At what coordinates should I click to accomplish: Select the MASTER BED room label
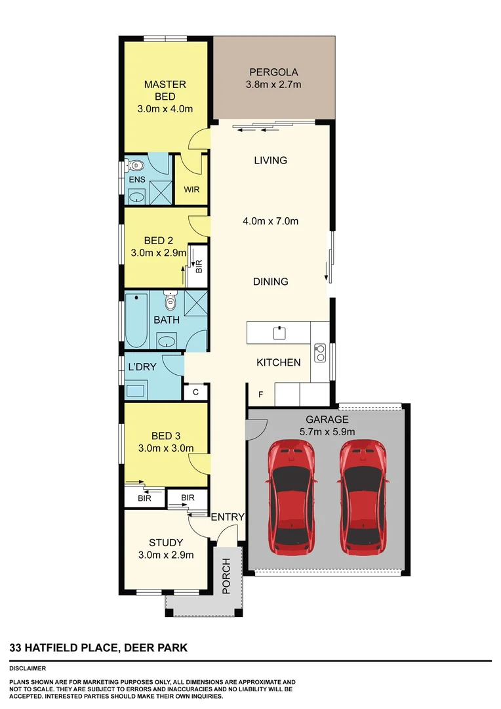point(165,91)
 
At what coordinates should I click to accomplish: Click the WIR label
point(191,190)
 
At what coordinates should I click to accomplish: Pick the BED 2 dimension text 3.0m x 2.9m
point(159,252)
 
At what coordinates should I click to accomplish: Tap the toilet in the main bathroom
point(170,302)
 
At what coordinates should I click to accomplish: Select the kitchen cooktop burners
point(320,353)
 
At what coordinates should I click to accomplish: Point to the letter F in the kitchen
point(260,395)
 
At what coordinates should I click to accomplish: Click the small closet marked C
point(195,393)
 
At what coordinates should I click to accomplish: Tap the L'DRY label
point(142,366)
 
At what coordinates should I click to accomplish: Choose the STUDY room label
point(165,542)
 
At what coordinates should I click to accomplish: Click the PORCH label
point(227,576)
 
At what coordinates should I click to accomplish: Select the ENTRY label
point(227,517)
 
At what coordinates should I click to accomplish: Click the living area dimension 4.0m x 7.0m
point(270,221)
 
